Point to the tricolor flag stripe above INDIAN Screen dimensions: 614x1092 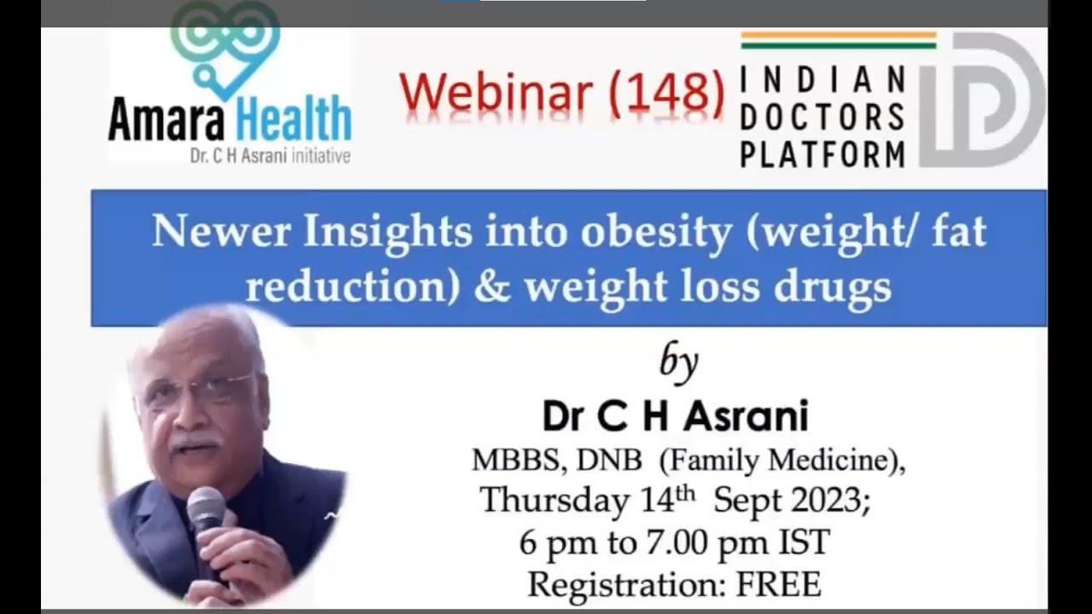pos(838,40)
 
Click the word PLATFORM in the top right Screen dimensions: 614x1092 pos(822,154)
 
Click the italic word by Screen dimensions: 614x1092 pos(679,362)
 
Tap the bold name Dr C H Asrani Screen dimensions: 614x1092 pos(675,417)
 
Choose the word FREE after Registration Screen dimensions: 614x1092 pos(777,585)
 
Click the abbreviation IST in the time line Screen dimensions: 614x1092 pos(804,543)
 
